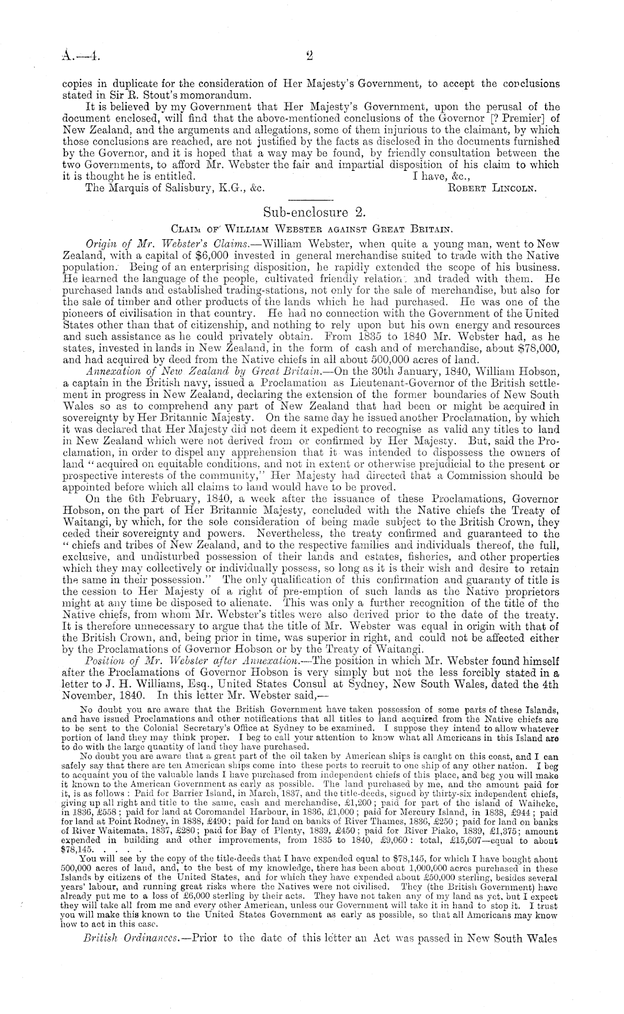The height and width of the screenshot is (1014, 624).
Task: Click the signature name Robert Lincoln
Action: coord(492,188)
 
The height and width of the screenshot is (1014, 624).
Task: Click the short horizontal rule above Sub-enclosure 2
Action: coord(312,199)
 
